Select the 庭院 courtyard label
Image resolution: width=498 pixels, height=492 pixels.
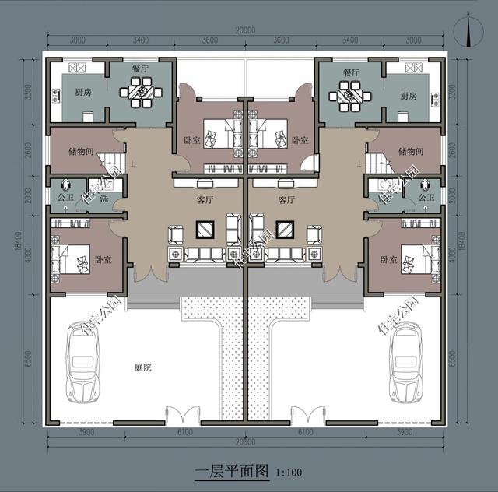pos(142,367)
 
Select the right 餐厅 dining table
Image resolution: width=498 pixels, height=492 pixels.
pos(346,97)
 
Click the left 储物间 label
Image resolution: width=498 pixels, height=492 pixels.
pos(80,152)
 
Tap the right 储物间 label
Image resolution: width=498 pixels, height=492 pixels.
pos(411,152)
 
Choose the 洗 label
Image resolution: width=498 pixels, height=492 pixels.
pos(103,199)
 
